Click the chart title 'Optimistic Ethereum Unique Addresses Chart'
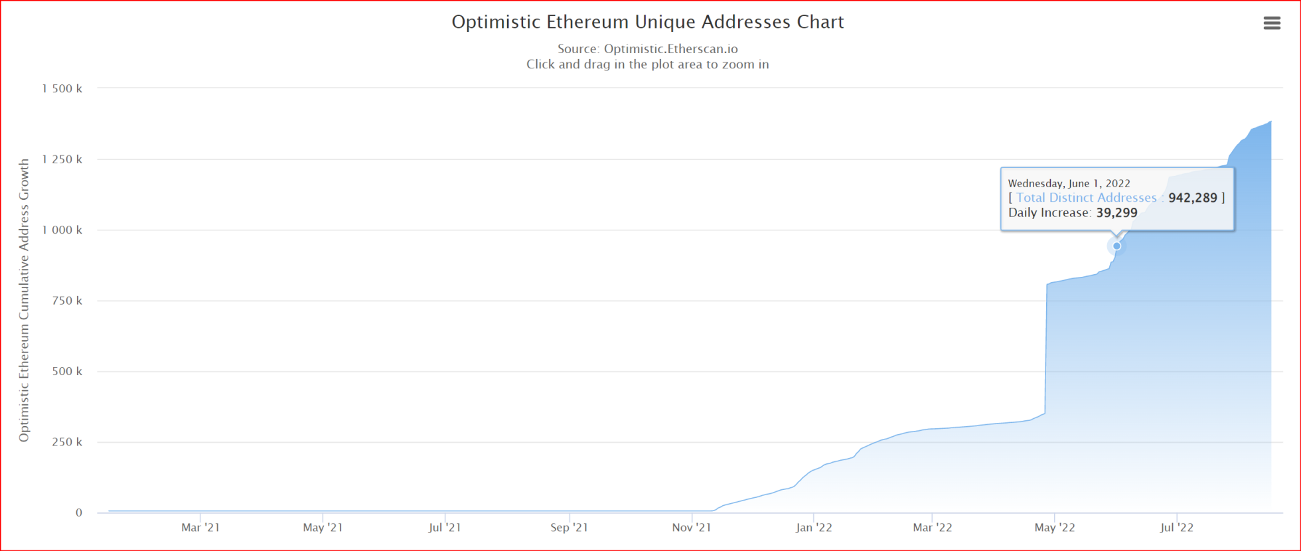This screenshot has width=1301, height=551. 647,22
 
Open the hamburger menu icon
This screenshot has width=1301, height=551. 1271,23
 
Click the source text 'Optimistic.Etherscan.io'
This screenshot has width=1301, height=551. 670,48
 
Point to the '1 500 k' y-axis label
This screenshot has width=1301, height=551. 62,88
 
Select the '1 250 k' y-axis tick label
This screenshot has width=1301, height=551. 62,159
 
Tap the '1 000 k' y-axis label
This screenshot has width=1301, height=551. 62,230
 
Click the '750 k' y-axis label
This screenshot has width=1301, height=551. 67,301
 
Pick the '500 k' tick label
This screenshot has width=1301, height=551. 67,371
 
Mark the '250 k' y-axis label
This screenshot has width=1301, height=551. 67,442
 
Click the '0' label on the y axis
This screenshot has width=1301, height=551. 79,512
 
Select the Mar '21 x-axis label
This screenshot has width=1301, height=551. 200,528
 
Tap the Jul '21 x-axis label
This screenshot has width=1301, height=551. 445,528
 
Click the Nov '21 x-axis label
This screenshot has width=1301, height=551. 691,528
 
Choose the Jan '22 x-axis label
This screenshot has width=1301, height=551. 814,528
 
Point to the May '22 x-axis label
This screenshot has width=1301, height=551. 1055,528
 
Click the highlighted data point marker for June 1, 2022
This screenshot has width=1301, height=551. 1117,246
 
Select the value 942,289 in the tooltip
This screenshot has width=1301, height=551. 1193,198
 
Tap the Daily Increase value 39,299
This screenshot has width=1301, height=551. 1116,213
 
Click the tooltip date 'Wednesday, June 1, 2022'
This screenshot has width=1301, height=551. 1069,183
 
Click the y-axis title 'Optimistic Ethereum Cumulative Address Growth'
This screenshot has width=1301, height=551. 25,300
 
